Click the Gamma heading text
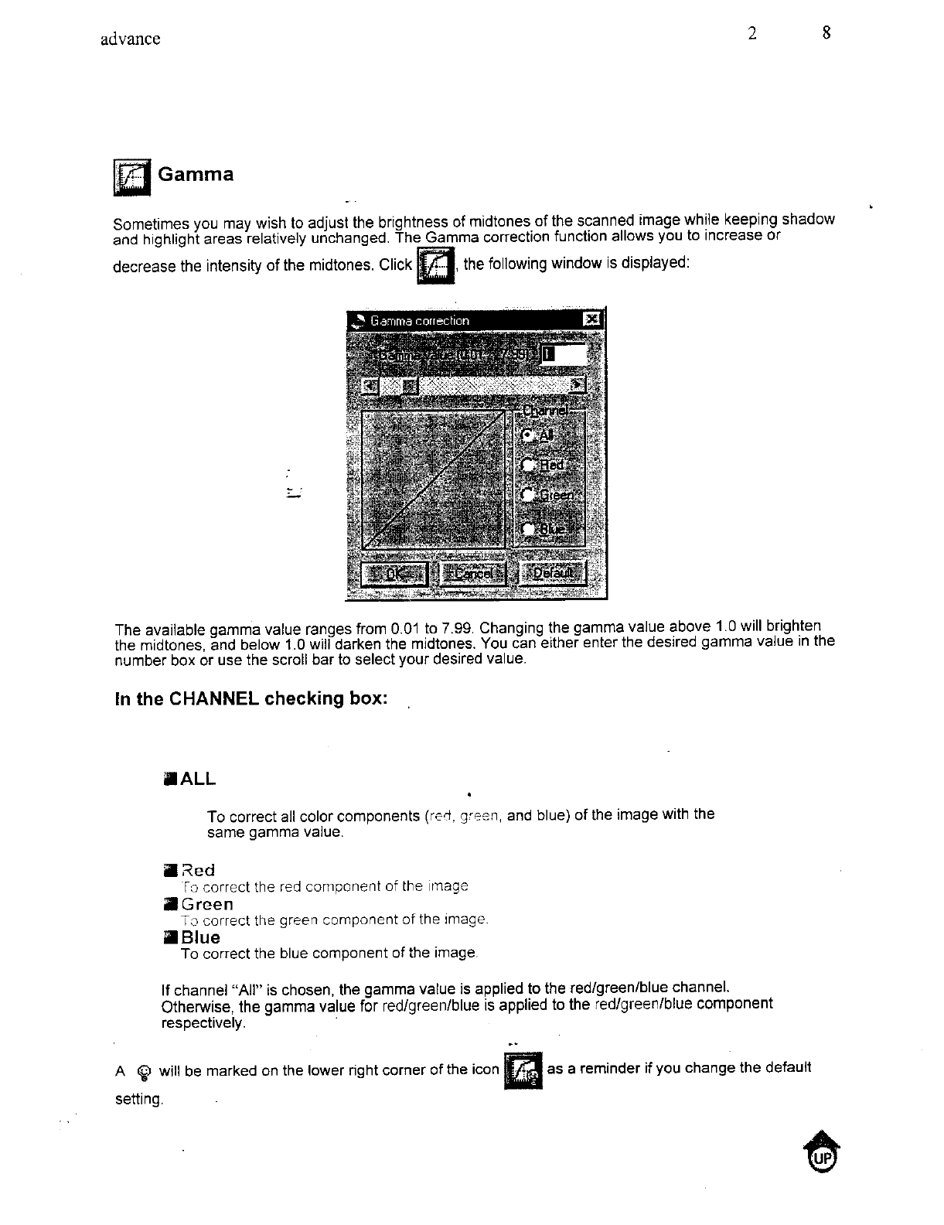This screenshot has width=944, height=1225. (x=195, y=174)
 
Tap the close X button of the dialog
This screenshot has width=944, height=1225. (x=591, y=319)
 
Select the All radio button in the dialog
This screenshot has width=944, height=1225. (x=528, y=435)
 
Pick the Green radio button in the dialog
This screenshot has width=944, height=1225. (x=529, y=496)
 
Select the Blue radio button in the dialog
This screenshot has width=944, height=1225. (x=529, y=528)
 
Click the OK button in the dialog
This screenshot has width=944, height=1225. (x=394, y=573)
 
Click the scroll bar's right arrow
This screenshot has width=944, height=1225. (x=578, y=384)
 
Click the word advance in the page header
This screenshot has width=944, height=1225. (x=131, y=39)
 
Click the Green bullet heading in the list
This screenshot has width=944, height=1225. (x=206, y=904)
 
